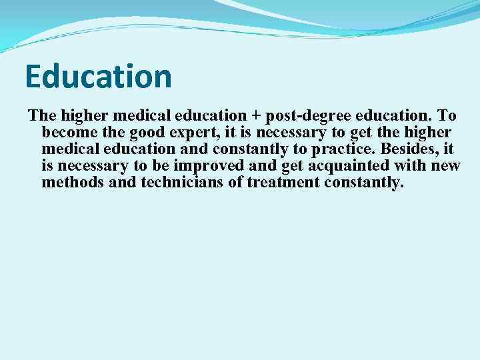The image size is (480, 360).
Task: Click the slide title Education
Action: tap(99, 77)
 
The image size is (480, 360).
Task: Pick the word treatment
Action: tap(280, 182)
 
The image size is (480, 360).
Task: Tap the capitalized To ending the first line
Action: tap(446, 115)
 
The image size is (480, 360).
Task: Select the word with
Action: tap(411, 165)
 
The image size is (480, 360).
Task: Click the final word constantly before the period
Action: tap(362, 182)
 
